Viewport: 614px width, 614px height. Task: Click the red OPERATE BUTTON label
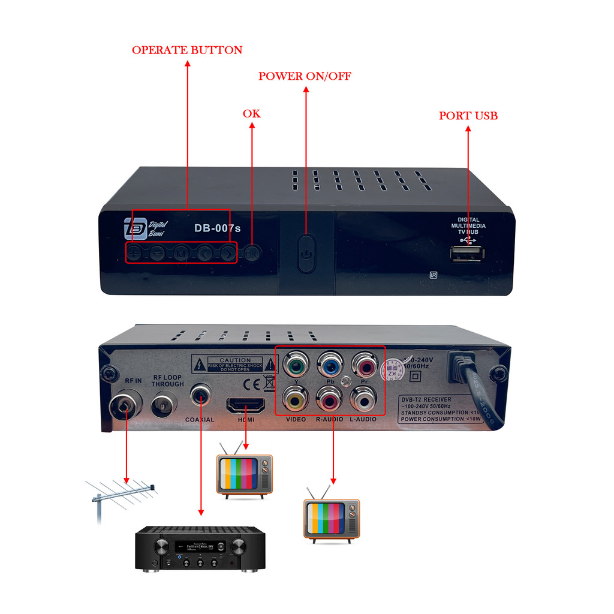187,50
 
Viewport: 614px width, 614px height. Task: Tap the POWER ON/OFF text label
305,76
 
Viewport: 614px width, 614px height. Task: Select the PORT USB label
468,116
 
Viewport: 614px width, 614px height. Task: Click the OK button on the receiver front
252,254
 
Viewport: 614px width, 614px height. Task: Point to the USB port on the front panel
468,255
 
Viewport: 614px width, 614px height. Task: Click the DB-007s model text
217,228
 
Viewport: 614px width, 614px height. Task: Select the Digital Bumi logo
146,228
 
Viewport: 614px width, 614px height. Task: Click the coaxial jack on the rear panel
200,395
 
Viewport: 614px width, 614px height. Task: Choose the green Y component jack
296,364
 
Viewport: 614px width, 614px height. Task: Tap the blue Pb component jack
329,364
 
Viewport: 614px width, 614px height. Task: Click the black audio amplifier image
200,548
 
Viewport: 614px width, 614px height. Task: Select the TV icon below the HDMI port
245,474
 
